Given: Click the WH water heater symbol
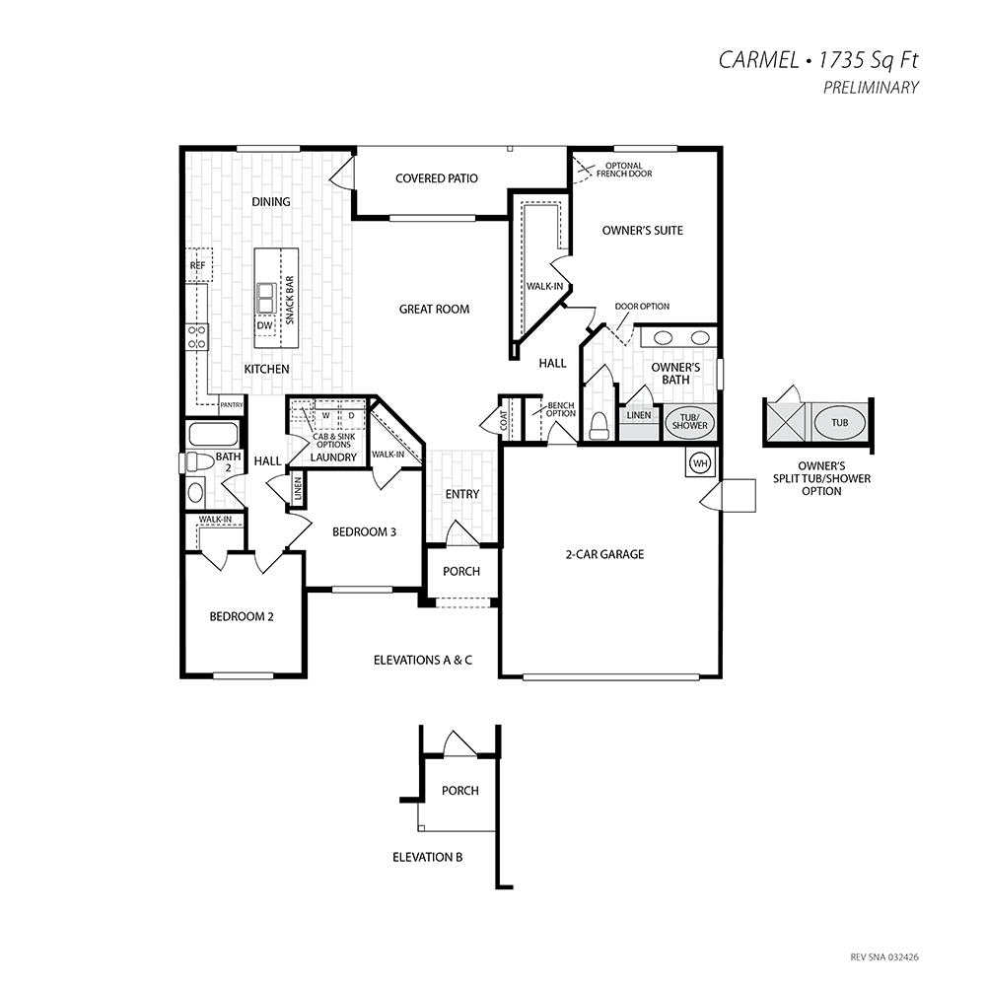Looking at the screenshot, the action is pos(700,463).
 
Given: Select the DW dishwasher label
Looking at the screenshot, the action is pos(264,325).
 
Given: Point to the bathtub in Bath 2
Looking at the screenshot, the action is pos(212,434).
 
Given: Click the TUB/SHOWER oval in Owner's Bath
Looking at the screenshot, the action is pos(690,421).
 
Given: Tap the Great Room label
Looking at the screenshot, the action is pos(434,309).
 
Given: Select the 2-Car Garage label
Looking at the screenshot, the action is pos(604,554).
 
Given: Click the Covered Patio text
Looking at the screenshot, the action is pos(437,178).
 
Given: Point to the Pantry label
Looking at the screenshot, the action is pos(232,405).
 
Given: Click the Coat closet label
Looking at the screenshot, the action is pos(504,421).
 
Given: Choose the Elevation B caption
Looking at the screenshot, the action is pos(428,857).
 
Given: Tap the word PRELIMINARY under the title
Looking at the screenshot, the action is pos(871,88).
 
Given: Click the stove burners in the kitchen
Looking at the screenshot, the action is pos(197,336).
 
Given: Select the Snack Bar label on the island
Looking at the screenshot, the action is pos(290,300).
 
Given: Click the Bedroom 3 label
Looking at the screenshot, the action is pos(364,532).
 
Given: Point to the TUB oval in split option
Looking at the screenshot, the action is pos(840,423).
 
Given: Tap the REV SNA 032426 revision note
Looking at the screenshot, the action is pos(884,957).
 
